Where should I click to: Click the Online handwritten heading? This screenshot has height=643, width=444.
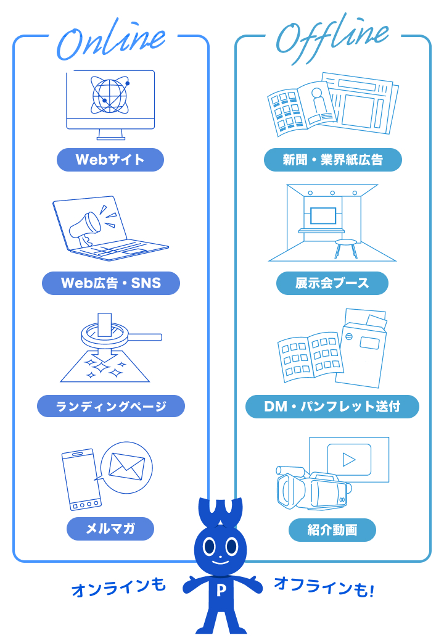pyautogui.click(x=111, y=41)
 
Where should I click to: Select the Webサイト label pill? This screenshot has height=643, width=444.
pyautogui.click(x=110, y=160)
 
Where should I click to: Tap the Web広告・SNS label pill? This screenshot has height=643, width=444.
pyautogui.click(x=111, y=283)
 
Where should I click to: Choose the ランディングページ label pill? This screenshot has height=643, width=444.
pyautogui.click(x=111, y=406)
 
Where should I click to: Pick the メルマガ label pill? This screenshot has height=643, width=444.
pyautogui.click(x=110, y=529)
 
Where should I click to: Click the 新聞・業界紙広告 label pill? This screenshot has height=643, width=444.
pyautogui.click(x=332, y=160)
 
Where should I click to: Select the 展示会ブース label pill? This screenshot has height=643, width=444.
pyautogui.click(x=332, y=283)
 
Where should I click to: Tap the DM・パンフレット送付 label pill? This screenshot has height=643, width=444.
pyautogui.click(x=332, y=406)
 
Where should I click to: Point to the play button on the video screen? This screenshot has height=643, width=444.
pyautogui.click(x=348, y=459)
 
